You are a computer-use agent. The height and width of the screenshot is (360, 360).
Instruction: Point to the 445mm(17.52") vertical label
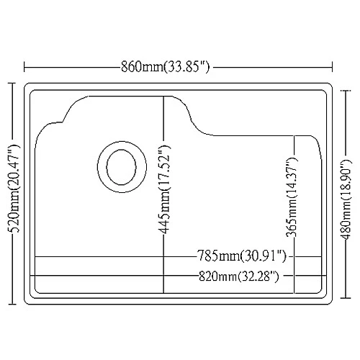coord(165,193)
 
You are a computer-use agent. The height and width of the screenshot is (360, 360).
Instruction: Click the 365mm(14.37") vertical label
coord(292,194)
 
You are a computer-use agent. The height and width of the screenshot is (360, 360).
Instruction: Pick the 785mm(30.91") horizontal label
coord(242,256)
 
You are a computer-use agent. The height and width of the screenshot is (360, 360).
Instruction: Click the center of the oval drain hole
coord(117,166)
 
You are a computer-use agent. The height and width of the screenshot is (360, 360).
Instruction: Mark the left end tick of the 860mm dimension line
coord(25,68)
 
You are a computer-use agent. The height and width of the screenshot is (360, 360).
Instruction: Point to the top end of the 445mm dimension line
coord(165,96)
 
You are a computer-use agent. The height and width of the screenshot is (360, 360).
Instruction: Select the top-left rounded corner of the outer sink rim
coord(28,86)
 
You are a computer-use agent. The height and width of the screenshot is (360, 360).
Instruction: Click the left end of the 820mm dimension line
coord(30,276)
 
